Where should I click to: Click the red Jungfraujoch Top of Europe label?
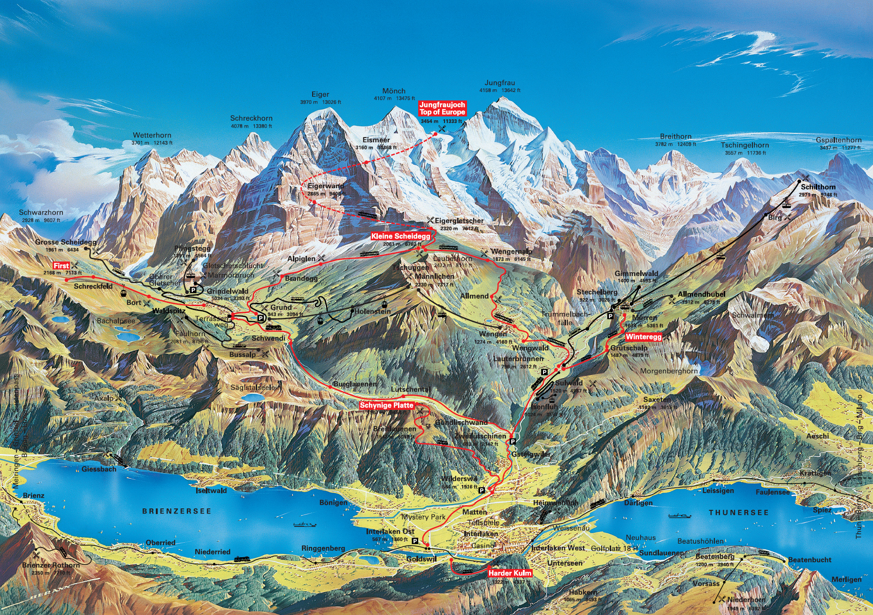442,108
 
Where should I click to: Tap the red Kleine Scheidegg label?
400,236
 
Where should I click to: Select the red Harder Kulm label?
510,573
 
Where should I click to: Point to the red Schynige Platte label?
387,405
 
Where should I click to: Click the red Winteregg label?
643,337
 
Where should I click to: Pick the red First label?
61,266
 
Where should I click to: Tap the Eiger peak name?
320,94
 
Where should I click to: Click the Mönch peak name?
394,91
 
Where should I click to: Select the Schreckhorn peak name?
251,118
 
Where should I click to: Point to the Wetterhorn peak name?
152,135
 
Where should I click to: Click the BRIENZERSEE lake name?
177,511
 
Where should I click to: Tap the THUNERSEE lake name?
739,512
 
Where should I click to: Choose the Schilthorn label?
818,187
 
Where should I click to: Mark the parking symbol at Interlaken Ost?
415,541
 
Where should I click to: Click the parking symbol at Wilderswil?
482,490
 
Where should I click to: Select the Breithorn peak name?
675,137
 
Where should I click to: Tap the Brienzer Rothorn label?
51,565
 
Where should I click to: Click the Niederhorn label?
746,600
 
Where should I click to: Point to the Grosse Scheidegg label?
66,242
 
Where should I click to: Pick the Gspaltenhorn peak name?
838,140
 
